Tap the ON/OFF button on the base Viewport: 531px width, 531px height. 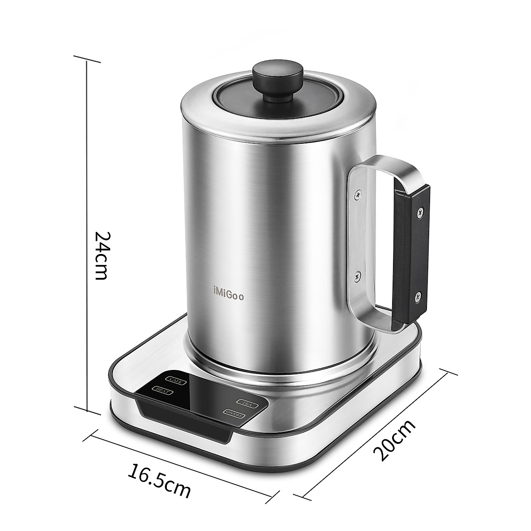point(233,413)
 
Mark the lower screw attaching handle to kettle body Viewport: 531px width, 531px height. point(357,277)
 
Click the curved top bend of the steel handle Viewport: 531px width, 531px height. point(389,166)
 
